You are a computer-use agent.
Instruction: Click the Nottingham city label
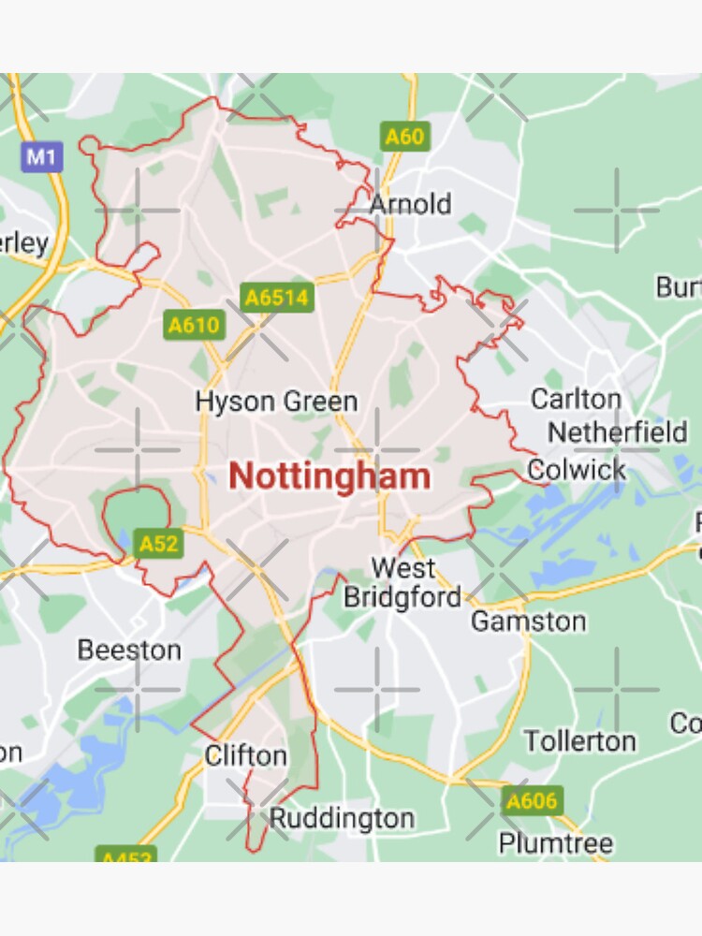(x=329, y=476)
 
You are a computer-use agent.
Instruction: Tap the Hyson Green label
(x=276, y=402)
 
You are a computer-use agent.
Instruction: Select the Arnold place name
(x=410, y=204)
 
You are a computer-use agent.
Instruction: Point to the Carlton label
(x=576, y=400)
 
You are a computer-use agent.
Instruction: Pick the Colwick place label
(x=578, y=470)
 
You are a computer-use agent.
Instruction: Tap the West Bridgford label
(x=402, y=582)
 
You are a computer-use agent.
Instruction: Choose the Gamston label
(x=528, y=621)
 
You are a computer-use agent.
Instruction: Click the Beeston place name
(x=129, y=650)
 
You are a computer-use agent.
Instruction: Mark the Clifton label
(x=245, y=755)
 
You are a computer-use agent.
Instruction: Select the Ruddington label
(x=342, y=819)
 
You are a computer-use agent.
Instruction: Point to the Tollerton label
(x=579, y=741)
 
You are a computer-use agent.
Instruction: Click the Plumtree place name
(x=556, y=842)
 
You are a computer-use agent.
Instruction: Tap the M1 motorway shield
(x=40, y=156)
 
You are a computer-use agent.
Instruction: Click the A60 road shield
(x=404, y=137)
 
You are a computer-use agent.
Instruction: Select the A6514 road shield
(x=277, y=298)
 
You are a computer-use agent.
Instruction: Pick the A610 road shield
(x=194, y=325)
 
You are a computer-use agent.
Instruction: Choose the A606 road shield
(x=532, y=801)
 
